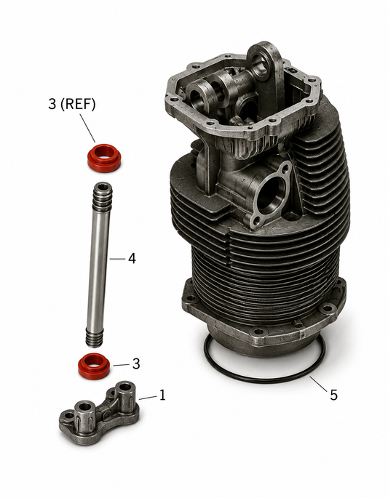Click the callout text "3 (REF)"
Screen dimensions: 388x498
point(72,104)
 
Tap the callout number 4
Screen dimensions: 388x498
point(132,259)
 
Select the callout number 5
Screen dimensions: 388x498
point(333,395)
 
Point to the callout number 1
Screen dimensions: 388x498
point(162,395)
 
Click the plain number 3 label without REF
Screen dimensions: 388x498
point(136,364)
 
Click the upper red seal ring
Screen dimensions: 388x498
point(104,158)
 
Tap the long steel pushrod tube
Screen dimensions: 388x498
point(99,264)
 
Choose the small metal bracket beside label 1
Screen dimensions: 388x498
point(99,412)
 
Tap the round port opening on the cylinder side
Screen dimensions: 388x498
point(270,194)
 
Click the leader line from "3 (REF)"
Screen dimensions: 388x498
point(87,128)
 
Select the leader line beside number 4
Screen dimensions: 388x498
point(117,259)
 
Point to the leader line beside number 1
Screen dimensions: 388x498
point(148,398)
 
